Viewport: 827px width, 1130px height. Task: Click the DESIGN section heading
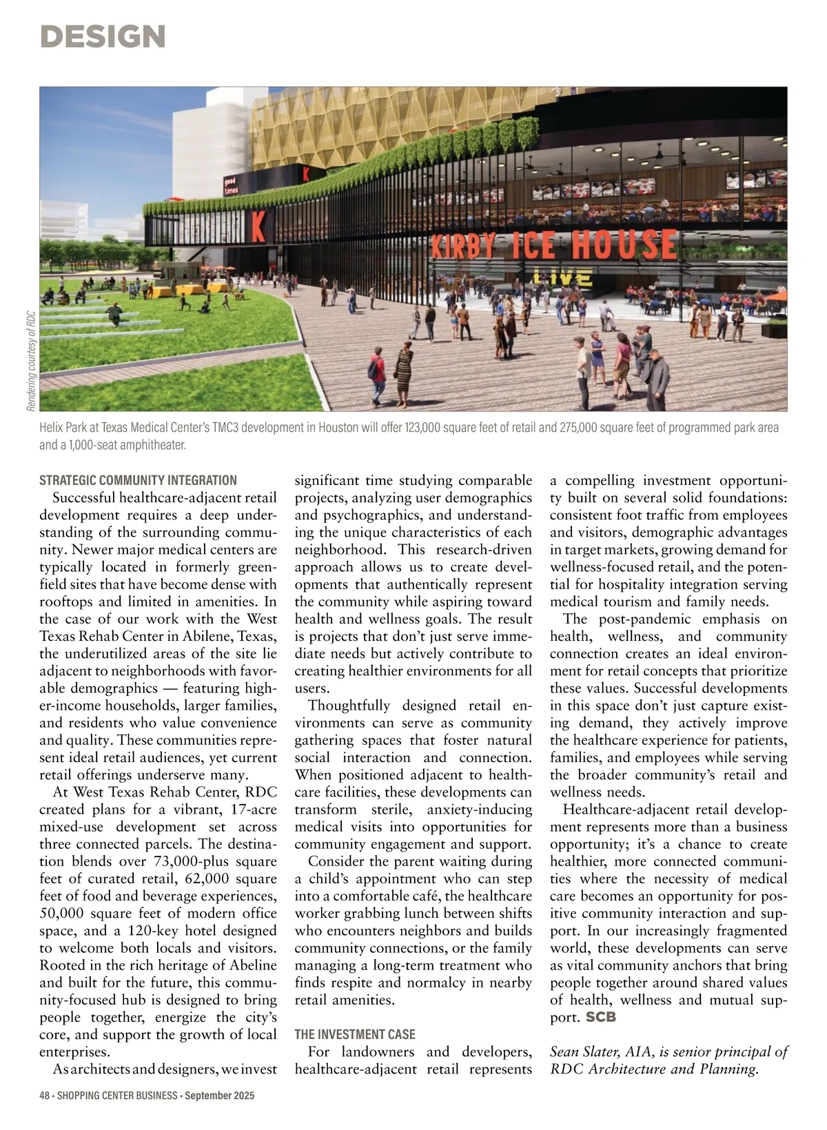click(x=103, y=37)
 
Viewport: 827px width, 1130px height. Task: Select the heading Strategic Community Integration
click(x=138, y=480)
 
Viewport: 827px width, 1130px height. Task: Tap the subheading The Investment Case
click(x=355, y=1034)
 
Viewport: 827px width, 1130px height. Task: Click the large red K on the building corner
click(x=258, y=226)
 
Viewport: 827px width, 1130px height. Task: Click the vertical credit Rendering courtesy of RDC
click(x=31, y=361)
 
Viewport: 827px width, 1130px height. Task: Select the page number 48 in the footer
click(x=45, y=1096)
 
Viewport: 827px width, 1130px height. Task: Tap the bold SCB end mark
click(x=600, y=1017)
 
